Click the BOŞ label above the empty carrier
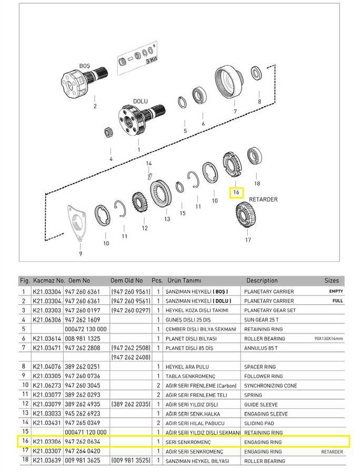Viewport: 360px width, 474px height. (85, 66)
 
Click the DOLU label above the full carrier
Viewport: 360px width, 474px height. (140, 101)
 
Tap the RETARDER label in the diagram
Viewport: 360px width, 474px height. (263, 199)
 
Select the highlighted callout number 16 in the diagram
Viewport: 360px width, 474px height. (236, 192)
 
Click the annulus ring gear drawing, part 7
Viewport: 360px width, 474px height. (228, 81)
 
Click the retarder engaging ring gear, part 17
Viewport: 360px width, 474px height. (246, 215)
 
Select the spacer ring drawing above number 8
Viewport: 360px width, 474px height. (256, 74)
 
